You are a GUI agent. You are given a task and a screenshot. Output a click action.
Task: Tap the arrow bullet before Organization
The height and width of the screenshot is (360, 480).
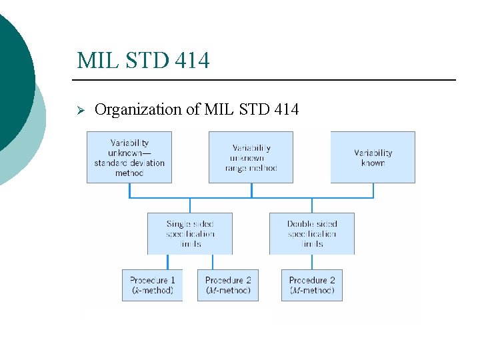(81, 109)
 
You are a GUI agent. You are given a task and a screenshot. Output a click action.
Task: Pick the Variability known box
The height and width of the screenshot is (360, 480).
(373, 157)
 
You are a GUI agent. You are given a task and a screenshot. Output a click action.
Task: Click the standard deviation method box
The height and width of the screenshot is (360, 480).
(129, 157)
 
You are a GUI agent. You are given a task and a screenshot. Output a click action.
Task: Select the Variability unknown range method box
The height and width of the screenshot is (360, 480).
(251, 157)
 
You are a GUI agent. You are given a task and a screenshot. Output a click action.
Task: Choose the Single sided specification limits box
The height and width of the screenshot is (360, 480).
(190, 233)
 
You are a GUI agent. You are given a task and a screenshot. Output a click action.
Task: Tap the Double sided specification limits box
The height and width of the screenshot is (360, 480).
(311, 233)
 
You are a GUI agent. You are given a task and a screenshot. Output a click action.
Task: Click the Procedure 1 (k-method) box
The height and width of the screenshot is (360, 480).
(152, 285)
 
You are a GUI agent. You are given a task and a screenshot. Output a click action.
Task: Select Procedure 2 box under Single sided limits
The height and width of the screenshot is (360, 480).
(227, 285)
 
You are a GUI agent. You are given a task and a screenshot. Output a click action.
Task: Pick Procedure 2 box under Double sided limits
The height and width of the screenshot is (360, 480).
(311, 285)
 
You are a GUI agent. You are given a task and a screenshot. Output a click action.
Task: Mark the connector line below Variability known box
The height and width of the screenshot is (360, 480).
(373, 190)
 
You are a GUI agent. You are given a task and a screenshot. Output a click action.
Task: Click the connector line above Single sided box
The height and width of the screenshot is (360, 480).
(190, 205)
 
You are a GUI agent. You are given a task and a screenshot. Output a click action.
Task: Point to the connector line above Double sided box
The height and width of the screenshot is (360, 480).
(311, 205)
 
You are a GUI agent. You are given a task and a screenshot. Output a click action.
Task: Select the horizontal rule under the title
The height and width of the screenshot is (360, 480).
(267, 80)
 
